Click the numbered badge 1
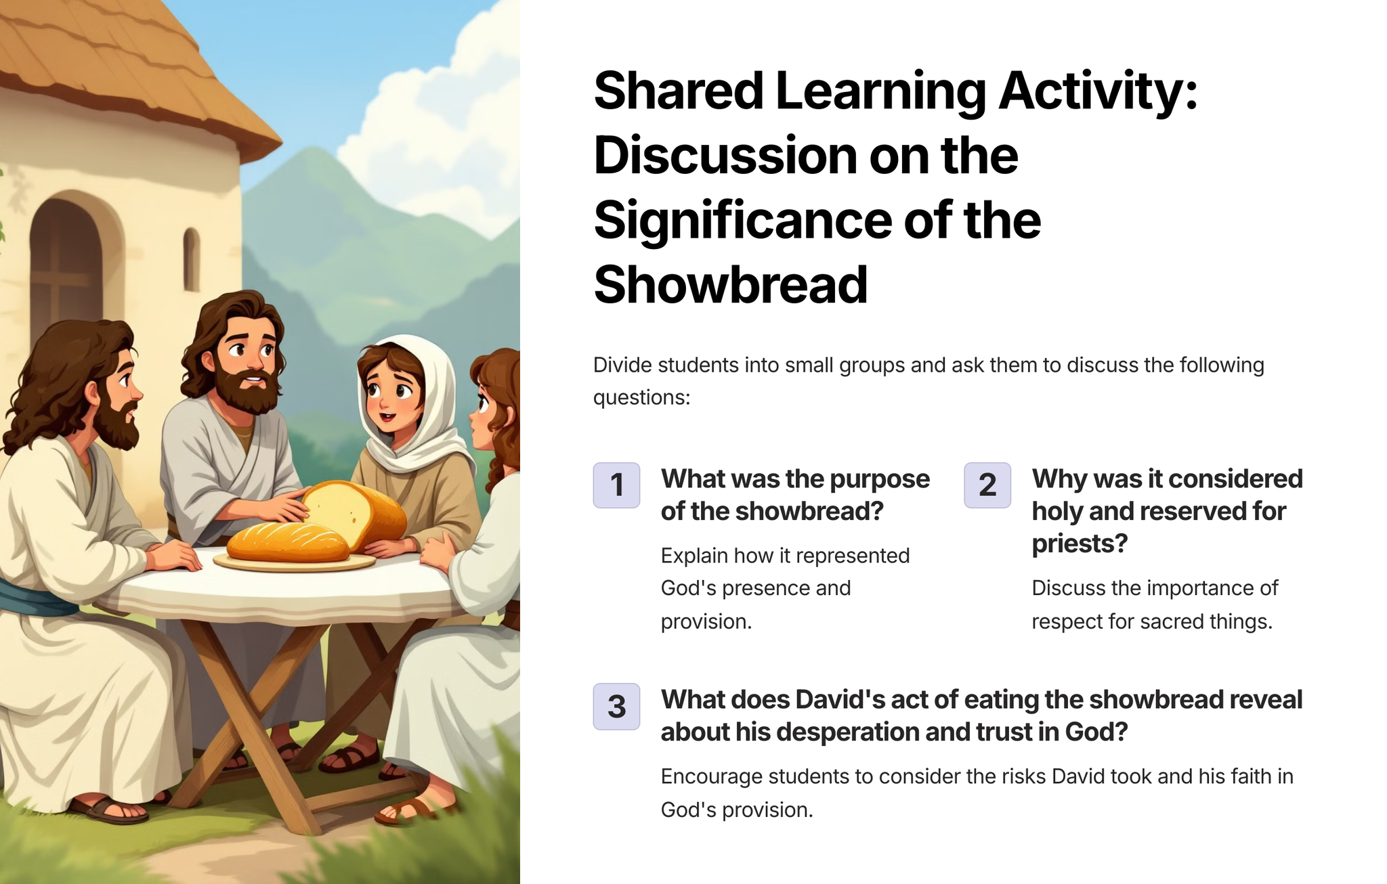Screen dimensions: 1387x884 tap(616, 485)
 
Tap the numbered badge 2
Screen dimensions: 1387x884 tap(987, 485)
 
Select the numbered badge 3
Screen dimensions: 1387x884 tap(616, 707)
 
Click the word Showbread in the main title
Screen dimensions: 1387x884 tap(730, 284)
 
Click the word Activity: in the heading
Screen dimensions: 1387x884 tap(1098, 91)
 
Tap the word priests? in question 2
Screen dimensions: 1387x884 tap(1080, 544)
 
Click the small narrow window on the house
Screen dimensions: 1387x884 tap(192, 259)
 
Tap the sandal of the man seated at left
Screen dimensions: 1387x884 tap(108, 810)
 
